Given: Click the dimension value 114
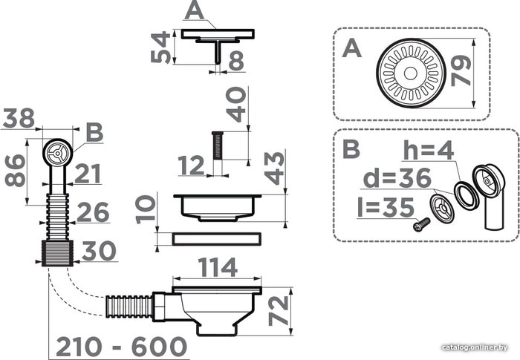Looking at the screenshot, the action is (x=218, y=267).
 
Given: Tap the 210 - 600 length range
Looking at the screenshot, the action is (x=121, y=347).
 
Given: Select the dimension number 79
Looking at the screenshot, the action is (x=461, y=71).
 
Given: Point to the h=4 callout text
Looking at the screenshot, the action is (x=429, y=150).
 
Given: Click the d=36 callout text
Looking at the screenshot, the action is (x=397, y=178).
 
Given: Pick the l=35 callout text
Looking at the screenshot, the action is (x=386, y=208).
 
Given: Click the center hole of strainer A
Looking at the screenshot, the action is (x=410, y=73).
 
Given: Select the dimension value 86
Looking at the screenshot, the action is (x=16, y=171).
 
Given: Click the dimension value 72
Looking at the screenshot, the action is (x=279, y=310).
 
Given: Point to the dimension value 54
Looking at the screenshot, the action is (x=160, y=48).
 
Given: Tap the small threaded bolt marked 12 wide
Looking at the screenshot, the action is (x=218, y=145).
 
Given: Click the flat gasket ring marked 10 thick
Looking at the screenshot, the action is (x=217, y=239).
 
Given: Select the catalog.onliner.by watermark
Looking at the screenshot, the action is (x=475, y=347).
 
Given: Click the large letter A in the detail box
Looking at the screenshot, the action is (x=352, y=48).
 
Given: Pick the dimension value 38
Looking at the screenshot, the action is (x=19, y=118).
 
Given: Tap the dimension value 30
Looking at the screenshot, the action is (x=99, y=251).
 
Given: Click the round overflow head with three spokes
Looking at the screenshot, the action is (x=58, y=153).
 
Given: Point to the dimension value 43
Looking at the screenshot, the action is (x=275, y=168).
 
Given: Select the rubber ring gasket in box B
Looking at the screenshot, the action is (x=467, y=195).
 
